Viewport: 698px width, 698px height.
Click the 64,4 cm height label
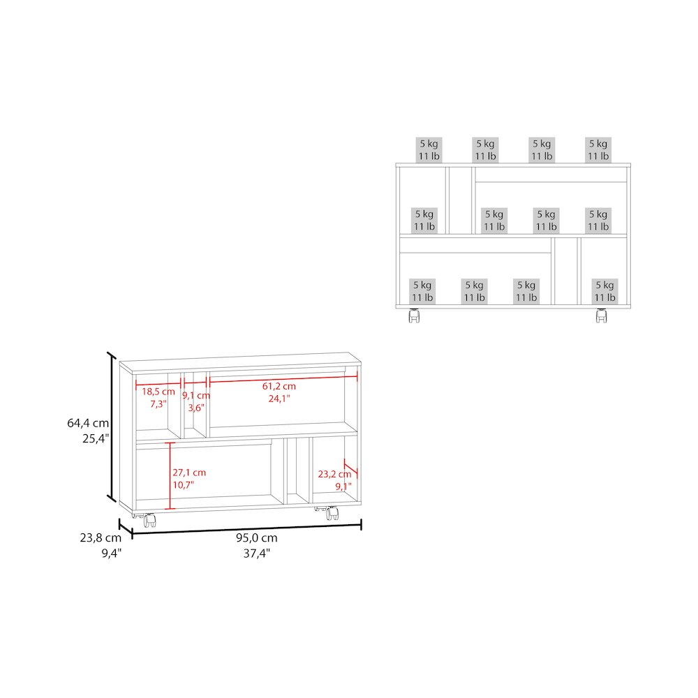coord(88,423)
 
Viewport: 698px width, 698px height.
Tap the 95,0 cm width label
coord(256,537)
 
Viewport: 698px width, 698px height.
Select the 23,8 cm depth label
coord(101,537)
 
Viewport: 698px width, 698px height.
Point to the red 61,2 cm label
coord(279,387)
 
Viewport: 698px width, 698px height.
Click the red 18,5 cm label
coord(158,392)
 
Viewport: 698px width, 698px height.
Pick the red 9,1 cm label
coord(196,395)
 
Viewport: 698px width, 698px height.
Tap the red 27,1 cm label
coord(189,473)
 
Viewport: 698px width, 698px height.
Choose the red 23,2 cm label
coord(335,475)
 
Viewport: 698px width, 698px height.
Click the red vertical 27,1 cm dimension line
coord(170,475)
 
